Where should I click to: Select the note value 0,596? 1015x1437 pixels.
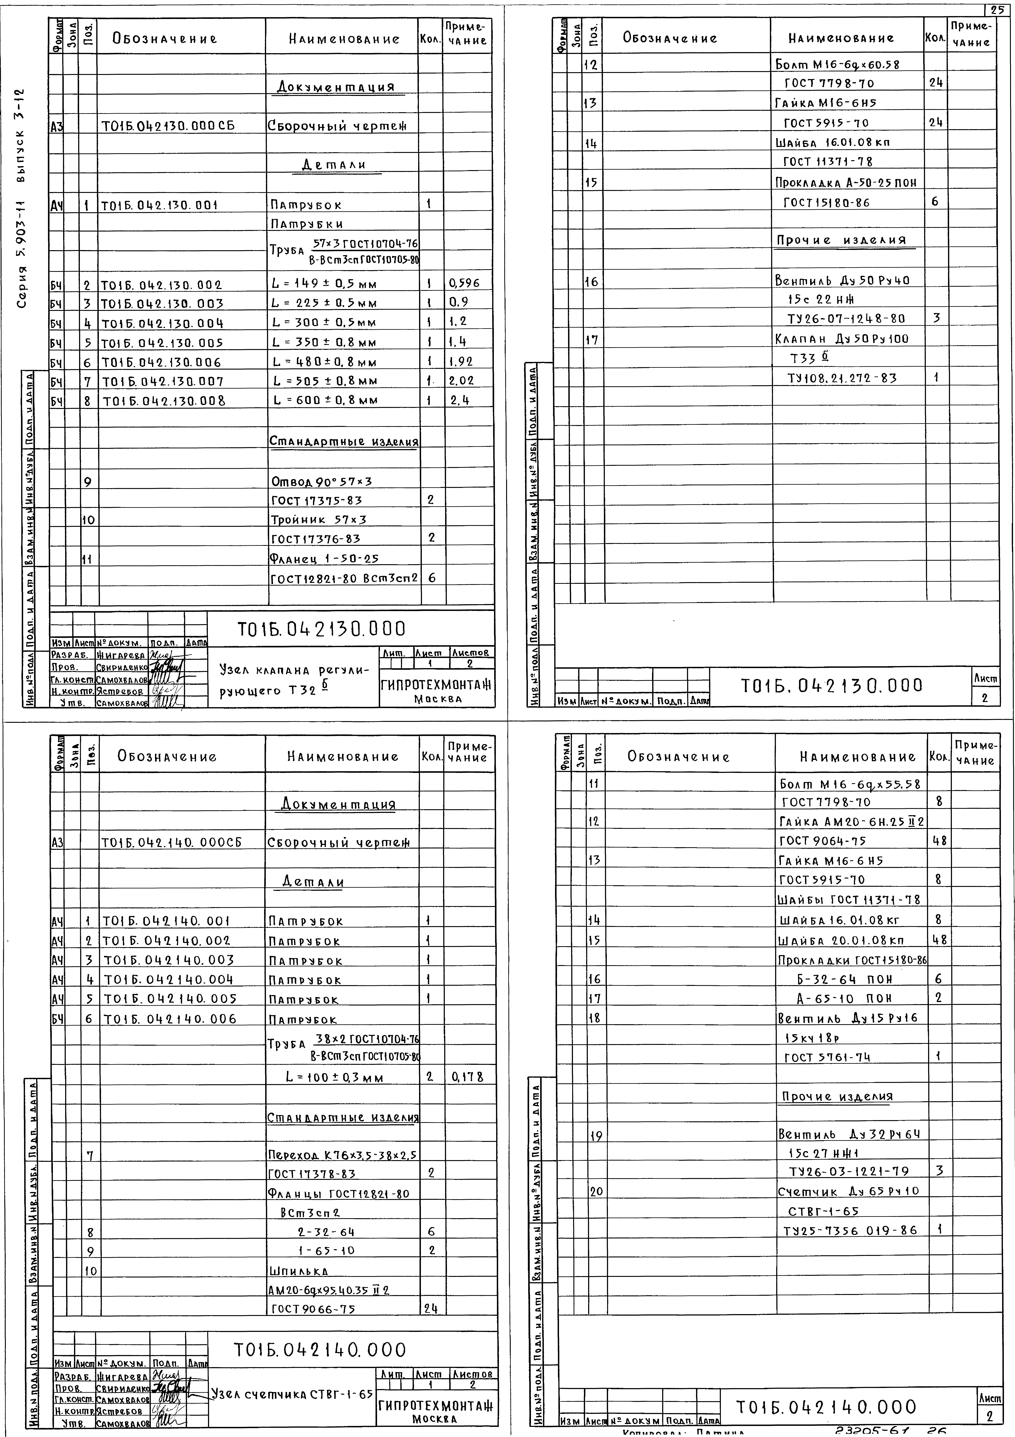pyautogui.click(x=464, y=283)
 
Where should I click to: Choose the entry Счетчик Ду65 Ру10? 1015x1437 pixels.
pyautogui.click(x=848, y=1191)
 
